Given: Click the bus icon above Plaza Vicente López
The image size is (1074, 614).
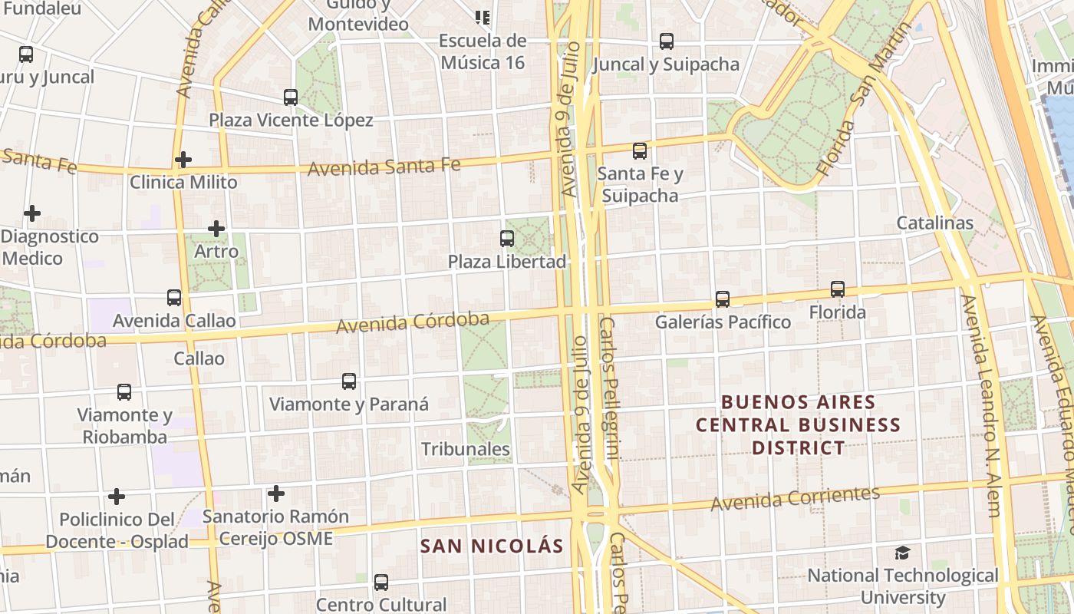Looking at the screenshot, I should (291, 97).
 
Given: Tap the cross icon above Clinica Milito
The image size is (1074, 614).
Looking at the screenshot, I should (183, 160).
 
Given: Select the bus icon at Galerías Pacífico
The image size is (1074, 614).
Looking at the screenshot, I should (723, 299).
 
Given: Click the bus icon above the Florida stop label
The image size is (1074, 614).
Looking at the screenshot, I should (838, 289).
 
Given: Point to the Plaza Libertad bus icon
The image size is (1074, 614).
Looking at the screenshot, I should (507, 239).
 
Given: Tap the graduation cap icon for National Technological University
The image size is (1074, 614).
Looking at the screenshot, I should (903, 553).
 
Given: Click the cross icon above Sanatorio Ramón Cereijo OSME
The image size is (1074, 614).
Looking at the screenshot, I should (276, 494).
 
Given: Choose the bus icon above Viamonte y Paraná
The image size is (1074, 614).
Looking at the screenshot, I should (349, 381).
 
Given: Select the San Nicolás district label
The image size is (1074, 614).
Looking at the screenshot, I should (492, 546).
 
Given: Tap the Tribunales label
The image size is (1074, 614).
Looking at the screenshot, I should (466, 449).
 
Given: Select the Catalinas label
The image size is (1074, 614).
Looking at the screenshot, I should (935, 223).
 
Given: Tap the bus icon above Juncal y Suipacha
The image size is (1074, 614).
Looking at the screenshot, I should (667, 41).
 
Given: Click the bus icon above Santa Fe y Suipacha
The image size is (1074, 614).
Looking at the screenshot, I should (640, 151).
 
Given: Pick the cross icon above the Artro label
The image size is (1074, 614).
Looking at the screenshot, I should (216, 229).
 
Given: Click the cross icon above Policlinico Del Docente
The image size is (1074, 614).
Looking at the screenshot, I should (117, 497).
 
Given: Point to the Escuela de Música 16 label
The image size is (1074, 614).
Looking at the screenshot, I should (483, 51).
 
